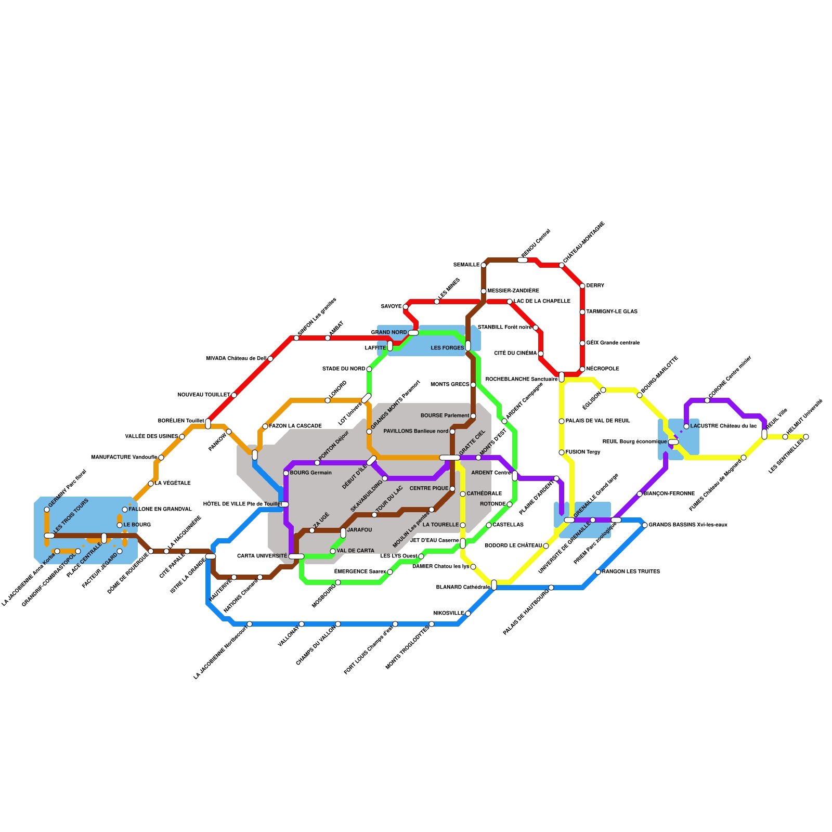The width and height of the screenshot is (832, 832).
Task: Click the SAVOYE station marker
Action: pos(406,307)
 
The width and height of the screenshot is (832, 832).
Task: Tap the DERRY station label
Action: pos(595,286)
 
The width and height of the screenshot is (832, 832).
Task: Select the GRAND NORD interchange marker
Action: pos(413,333)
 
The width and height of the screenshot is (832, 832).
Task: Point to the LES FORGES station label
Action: pos(447,348)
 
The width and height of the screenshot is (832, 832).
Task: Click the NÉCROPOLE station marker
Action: pos(582,369)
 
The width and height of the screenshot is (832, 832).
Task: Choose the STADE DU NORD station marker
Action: pos(369,369)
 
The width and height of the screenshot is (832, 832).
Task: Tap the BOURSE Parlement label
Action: pos(445,416)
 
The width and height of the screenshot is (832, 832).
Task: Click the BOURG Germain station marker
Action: pos(286,473)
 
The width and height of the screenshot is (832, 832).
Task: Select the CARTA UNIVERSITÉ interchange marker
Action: pos(296,556)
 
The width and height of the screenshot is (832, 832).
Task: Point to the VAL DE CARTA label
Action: pos(355,551)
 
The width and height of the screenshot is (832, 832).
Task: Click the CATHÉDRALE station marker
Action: pos(463,494)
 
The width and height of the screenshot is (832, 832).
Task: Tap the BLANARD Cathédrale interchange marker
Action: pos(494,585)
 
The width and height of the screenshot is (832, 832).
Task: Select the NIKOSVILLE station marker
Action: pos(468,614)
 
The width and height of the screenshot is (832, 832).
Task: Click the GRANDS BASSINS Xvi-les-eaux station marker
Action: pos(645,525)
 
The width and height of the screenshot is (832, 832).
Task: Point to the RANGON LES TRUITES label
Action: pos(631,572)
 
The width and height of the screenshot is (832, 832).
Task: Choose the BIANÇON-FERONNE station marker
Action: pos(640,494)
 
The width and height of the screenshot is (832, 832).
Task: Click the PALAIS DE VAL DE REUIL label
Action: pos(597,421)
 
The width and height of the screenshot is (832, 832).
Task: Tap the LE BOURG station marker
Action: pos(120,525)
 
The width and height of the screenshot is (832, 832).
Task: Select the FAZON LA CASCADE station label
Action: pos(295,426)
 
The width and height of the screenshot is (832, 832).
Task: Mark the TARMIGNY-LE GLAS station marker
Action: pos(582,312)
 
